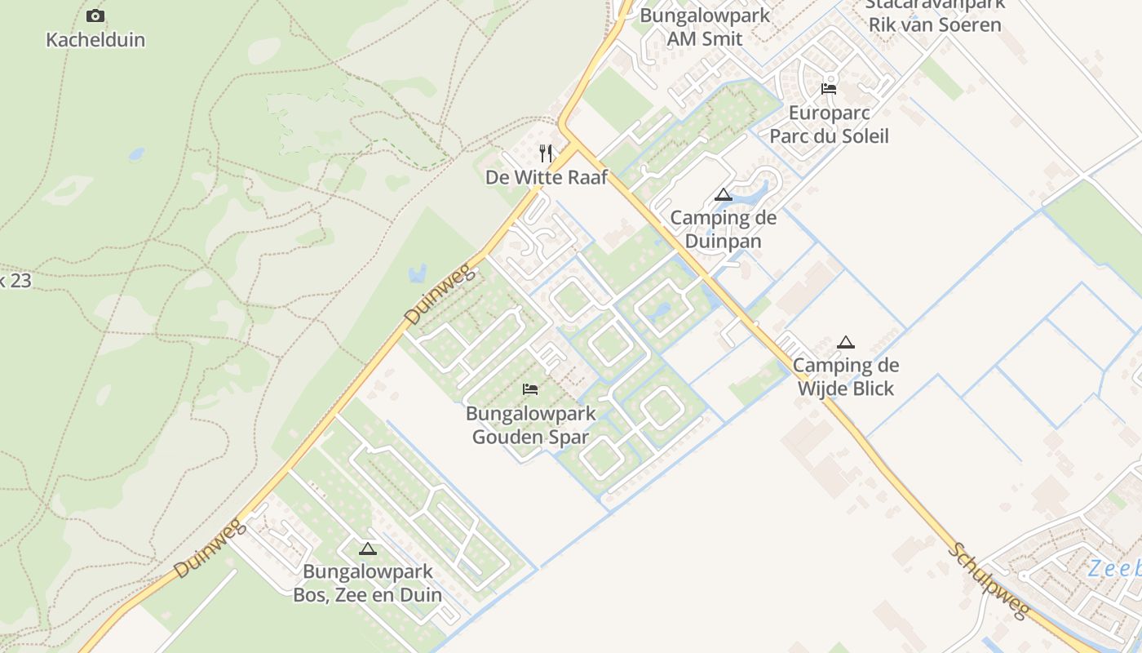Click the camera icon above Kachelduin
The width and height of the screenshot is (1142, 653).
(x=95, y=16)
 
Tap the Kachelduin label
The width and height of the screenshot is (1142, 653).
(x=95, y=39)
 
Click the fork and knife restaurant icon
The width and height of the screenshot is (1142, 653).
(x=547, y=153)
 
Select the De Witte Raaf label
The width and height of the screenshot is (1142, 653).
(x=547, y=177)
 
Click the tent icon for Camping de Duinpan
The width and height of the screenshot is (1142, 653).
(x=723, y=195)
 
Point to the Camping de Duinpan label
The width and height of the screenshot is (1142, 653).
(x=723, y=229)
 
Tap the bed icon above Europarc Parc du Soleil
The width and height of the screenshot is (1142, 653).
(x=829, y=89)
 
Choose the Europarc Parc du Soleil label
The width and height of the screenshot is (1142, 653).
(x=829, y=124)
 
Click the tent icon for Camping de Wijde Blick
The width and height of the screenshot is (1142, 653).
(x=846, y=342)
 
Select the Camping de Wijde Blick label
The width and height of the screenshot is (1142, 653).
(x=846, y=376)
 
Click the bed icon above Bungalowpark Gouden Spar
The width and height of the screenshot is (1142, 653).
(x=530, y=389)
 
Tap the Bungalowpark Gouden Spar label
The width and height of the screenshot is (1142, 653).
(x=530, y=425)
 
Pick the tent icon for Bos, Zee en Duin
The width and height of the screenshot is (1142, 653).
(x=367, y=549)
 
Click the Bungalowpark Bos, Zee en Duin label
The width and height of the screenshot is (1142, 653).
(x=367, y=583)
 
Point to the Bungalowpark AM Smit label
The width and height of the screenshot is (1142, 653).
(x=704, y=26)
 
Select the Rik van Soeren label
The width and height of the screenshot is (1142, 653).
(x=935, y=24)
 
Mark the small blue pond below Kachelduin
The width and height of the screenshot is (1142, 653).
(x=136, y=153)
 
